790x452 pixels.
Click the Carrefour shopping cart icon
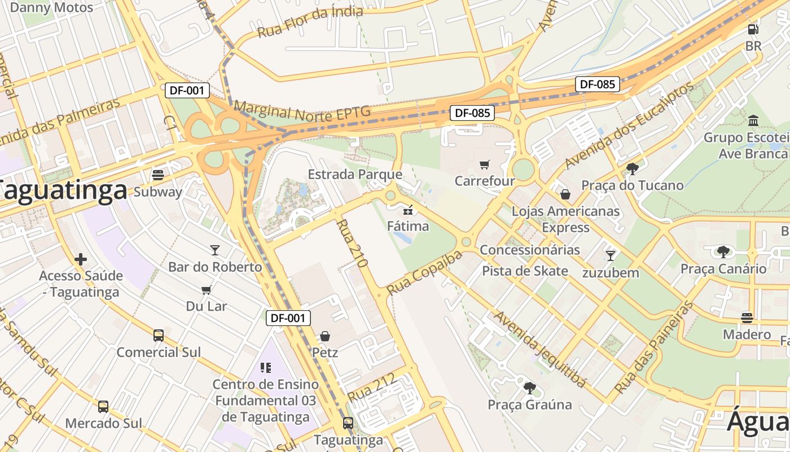[x=484, y=165]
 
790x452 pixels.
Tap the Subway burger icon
[x=158, y=175]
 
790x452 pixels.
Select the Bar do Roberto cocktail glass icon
[x=214, y=250]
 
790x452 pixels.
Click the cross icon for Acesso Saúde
[x=81, y=259]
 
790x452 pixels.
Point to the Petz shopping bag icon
[x=325, y=336]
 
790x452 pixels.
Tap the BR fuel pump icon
[x=753, y=29]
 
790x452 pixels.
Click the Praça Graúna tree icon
[x=529, y=388]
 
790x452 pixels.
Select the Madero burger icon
[x=747, y=317]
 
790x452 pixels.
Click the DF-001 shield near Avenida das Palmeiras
[x=187, y=90]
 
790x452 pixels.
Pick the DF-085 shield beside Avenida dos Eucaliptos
[x=597, y=84]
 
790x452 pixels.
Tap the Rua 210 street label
[x=352, y=243]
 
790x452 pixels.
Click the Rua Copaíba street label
[x=424, y=272]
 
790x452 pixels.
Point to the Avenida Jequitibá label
[x=540, y=348]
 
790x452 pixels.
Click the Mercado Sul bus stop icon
[x=103, y=407]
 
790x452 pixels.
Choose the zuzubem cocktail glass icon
[x=610, y=255]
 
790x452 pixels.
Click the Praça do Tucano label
[x=632, y=185]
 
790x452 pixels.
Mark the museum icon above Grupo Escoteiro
[x=753, y=120]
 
